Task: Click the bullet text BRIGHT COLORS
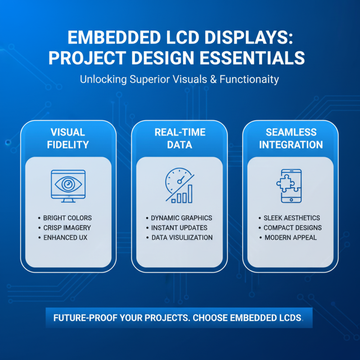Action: [67, 218]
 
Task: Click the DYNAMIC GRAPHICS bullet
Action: [181, 218]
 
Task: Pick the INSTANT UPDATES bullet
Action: [179, 228]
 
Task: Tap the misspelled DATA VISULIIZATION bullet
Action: [182, 238]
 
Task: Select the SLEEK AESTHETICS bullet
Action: [292, 218]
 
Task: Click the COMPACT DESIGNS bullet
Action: [292, 228]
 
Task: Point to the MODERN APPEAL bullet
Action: [290, 238]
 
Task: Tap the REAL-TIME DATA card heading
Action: [180, 139]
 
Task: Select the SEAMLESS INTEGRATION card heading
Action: [291, 139]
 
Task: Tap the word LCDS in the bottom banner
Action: [288, 318]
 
